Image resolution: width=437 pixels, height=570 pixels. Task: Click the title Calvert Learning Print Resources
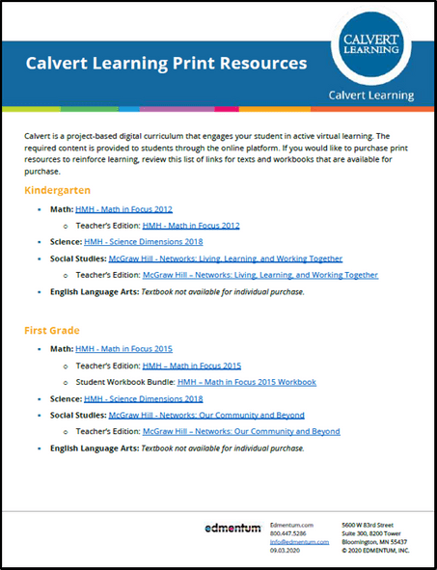(165, 64)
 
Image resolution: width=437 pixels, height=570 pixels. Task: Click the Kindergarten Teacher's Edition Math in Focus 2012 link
(191, 226)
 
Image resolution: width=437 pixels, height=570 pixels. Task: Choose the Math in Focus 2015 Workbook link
(246, 382)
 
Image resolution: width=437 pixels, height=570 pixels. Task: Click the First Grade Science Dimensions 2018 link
(143, 398)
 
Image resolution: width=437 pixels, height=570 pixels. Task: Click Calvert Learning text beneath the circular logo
(371, 95)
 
